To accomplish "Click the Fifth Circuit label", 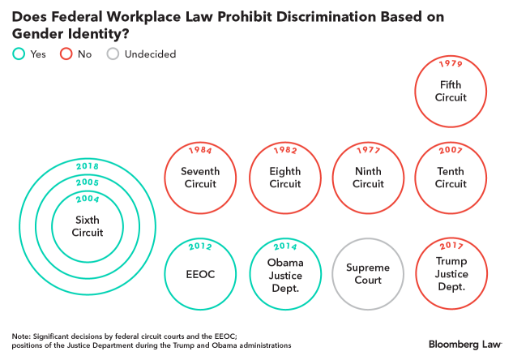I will click(451, 91).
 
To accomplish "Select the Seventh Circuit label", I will click(199, 178).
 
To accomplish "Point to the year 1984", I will click(199, 152).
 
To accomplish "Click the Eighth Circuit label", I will click(284, 178).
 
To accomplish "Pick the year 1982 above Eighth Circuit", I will click(284, 152).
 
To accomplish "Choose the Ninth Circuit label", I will click(369, 178).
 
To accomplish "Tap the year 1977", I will click(369, 152).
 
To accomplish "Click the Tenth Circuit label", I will click(451, 178).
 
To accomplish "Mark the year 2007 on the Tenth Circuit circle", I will click(451, 152).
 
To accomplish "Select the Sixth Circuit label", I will click(88, 226).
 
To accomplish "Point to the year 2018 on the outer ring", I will click(88, 165).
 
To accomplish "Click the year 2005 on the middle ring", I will click(88, 183).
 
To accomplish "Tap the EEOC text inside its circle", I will click(199, 274).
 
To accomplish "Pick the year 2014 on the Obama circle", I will click(284, 246).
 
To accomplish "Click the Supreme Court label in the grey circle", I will click(369, 274).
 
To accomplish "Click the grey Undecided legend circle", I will click(113, 54).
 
